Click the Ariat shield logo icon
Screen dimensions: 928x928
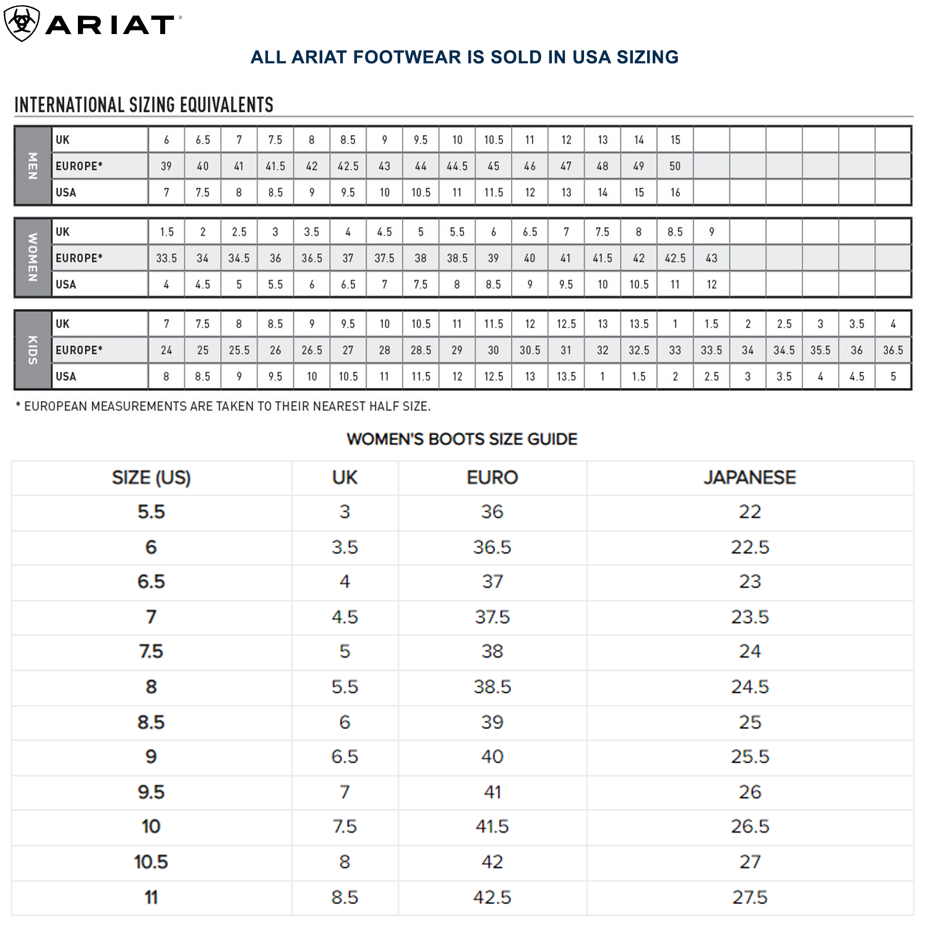tap(22, 24)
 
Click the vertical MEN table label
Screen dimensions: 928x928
tap(33, 166)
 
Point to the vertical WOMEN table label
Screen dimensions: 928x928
tap(33, 257)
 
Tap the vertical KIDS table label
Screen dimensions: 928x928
tap(33, 350)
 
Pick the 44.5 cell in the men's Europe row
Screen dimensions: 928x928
tap(457, 166)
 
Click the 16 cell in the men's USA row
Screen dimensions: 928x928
tap(675, 192)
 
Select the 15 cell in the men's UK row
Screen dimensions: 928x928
tap(675, 140)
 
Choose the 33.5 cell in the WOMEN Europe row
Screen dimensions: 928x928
tap(166, 258)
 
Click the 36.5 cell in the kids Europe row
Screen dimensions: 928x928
tap(893, 350)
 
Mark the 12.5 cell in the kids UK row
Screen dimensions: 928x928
tap(566, 324)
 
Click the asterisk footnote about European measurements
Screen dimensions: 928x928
tap(223, 406)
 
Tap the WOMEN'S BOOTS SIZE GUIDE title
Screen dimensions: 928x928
tap(462, 439)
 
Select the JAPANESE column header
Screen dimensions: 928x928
tap(750, 478)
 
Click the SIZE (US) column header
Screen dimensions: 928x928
tap(151, 478)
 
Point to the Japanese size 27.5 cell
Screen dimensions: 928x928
tap(750, 897)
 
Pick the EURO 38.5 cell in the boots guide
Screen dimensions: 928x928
tap(492, 687)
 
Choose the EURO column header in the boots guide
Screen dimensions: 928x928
tap(492, 478)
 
